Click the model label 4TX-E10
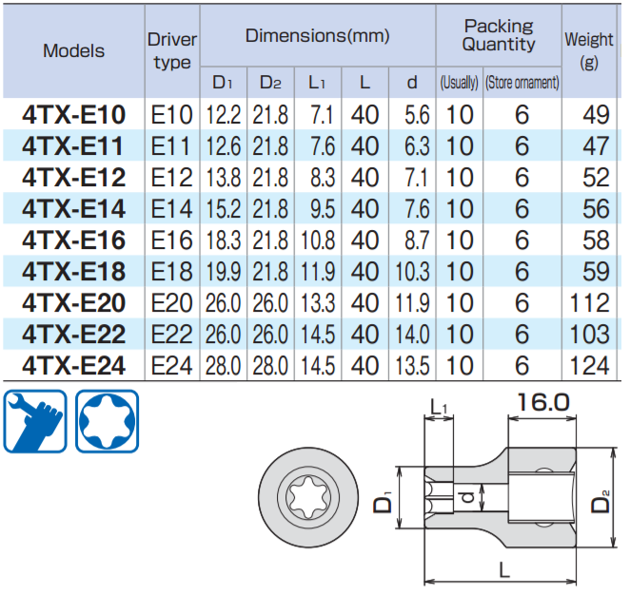73,116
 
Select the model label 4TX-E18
73,272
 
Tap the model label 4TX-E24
73,365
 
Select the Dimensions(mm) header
317,36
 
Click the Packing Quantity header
499,36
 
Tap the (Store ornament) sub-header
522,83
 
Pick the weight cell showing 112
590,303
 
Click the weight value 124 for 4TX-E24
590,365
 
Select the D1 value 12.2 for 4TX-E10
224,116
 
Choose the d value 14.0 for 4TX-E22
412,335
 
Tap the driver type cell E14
172,209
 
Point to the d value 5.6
412,116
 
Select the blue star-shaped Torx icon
107,421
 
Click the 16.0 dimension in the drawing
543,403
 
